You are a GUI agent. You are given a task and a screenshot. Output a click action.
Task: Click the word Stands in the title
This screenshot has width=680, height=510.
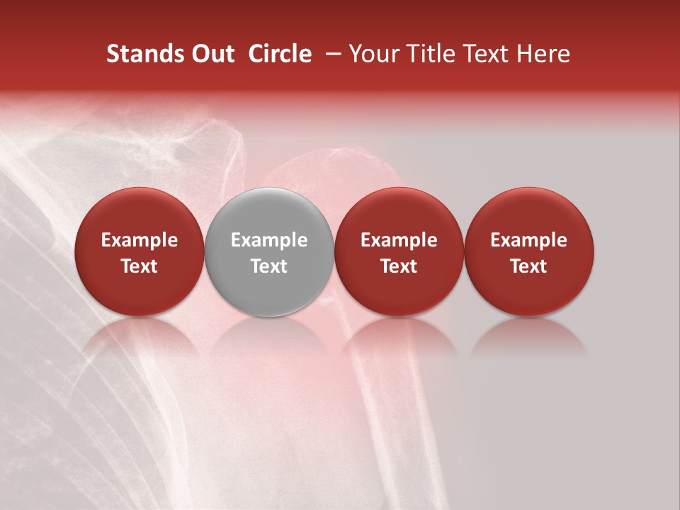[x=142, y=54]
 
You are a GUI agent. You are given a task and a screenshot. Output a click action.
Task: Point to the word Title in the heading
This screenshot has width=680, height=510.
[x=426, y=54]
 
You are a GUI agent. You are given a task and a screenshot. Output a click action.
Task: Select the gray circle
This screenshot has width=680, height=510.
[x=269, y=251]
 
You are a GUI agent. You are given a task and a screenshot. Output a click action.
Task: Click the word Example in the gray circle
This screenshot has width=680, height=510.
[x=269, y=240]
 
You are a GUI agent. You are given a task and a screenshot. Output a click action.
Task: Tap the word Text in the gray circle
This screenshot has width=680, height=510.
[x=269, y=266]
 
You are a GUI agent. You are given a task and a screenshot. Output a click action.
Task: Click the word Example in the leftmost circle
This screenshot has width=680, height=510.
[x=140, y=240]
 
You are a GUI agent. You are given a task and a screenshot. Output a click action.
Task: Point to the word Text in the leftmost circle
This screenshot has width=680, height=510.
[x=140, y=266]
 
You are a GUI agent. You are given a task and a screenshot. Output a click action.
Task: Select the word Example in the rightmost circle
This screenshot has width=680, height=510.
[x=529, y=240]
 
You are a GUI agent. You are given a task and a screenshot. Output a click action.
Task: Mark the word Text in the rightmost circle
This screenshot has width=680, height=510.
[x=529, y=266]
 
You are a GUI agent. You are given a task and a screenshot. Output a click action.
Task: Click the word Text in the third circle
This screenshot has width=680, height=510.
[x=399, y=266]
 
